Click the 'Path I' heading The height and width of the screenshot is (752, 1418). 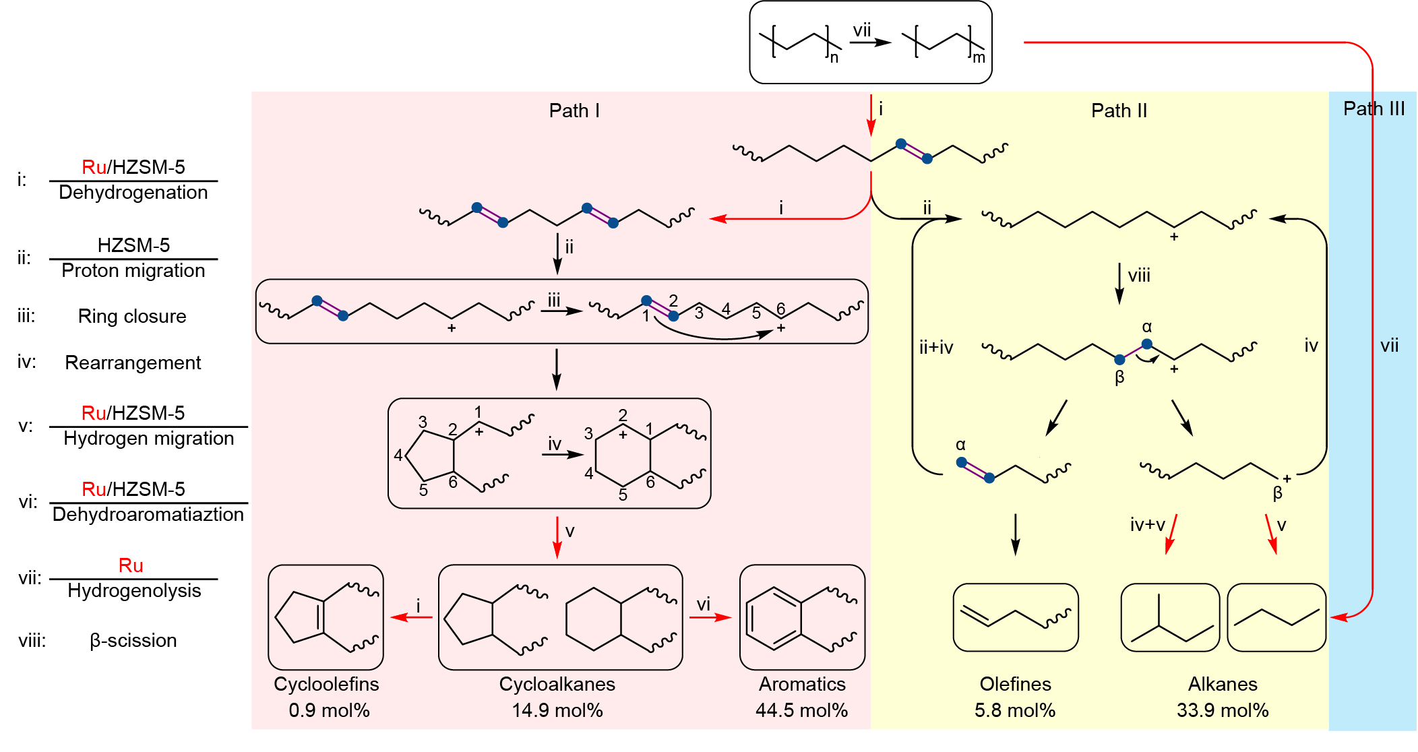pos(574,111)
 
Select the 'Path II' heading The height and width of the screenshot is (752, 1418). pos(1119,111)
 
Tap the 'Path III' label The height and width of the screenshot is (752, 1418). pos(1374,108)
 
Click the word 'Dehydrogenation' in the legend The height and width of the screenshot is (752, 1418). pos(133,193)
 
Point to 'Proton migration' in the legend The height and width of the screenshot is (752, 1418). pos(133,271)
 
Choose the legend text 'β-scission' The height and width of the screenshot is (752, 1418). pos(133,640)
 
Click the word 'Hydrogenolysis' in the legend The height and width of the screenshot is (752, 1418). pos(134,591)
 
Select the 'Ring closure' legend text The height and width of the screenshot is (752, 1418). pos(132,316)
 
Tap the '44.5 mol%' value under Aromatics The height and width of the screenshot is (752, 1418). pos(801,710)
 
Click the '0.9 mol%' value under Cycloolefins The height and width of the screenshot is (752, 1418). pos(329,710)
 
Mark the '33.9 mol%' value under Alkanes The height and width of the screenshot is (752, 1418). pos(1223,710)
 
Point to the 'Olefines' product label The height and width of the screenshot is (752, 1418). pos(1015,684)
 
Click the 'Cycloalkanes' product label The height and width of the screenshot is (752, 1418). pos(557,684)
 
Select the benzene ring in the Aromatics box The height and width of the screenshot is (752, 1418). pos(774,618)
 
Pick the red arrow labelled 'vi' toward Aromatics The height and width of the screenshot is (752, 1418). pos(710,617)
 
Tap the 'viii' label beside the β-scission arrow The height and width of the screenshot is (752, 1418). pos(1139,276)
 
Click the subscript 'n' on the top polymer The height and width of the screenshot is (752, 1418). pos(834,58)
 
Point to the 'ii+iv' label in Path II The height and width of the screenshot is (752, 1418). pos(936,347)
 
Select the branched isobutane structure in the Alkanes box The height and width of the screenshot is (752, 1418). pos(1170,619)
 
